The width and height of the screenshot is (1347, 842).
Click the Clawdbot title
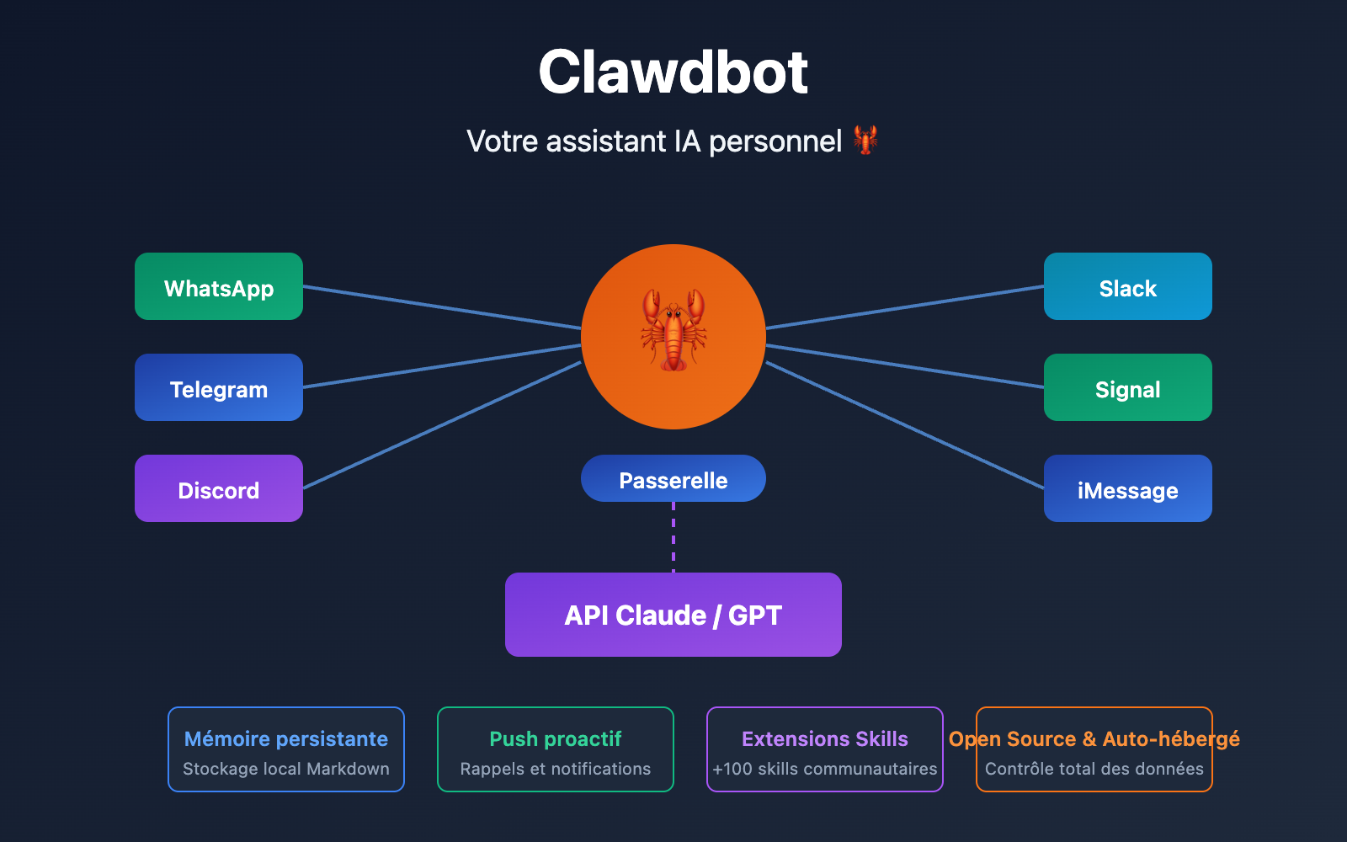pyautogui.click(x=673, y=72)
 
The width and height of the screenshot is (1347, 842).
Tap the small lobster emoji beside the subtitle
pyautogui.click(x=865, y=140)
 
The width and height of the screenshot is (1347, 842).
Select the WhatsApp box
pyautogui.click(x=219, y=286)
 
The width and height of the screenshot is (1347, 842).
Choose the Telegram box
pyautogui.click(x=219, y=387)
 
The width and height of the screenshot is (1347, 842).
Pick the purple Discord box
pyautogui.click(x=219, y=488)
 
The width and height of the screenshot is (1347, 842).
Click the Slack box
pyautogui.click(x=1128, y=286)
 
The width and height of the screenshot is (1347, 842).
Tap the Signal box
pyautogui.click(x=1128, y=387)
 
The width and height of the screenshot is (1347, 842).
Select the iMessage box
pyautogui.click(x=1128, y=488)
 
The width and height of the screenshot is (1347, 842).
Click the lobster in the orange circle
pyautogui.click(x=673, y=330)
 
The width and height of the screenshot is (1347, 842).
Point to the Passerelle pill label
pyautogui.click(x=673, y=479)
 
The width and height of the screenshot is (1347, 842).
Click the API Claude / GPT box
pyautogui.click(x=673, y=615)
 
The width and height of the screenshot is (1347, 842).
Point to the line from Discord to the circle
pyautogui.click(x=442, y=425)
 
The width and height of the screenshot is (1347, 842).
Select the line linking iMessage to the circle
pyautogui.click(x=905, y=425)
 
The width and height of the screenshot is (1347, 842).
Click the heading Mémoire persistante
pyautogui.click(x=286, y=738)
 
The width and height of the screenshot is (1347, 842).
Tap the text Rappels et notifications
pyautogui.click(x=556, y=769)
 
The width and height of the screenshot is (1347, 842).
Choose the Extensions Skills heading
pyautogui.click(x=825, y=738)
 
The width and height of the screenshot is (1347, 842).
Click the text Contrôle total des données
pyautogui.click(x=1094, y=769)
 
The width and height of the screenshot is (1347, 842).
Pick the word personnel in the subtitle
pyautogui.click(x=775, y=141)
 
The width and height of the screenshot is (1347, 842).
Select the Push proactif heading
pyautogui.click(x=556, y=738)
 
